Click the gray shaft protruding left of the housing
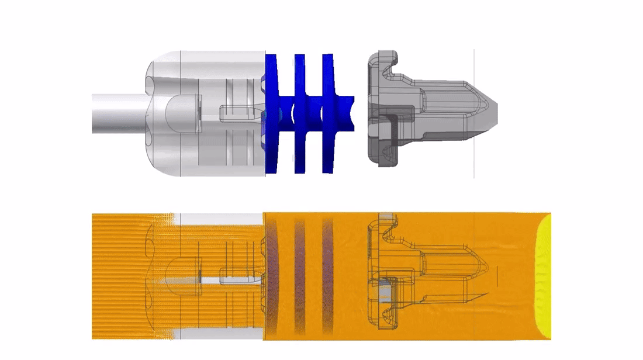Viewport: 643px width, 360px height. (x=117, y=112)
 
